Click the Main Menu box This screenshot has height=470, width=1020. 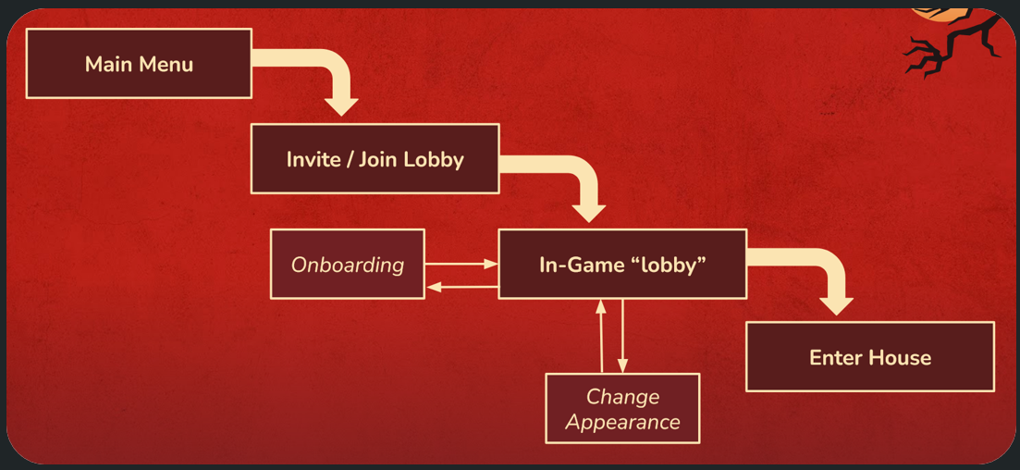tap(139, 64)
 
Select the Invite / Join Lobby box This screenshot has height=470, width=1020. tap(375, 159)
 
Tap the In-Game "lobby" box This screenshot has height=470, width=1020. tap(622, 265)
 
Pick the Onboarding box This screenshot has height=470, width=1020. tap(348, 265)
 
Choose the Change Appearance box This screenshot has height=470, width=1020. tap(622, 409)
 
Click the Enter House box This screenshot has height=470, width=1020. tap(869, 357)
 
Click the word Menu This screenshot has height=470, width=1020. tap(166, 64)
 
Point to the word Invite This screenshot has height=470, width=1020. tap(313, 159)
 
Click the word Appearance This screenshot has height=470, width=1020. tap(622, 423)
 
